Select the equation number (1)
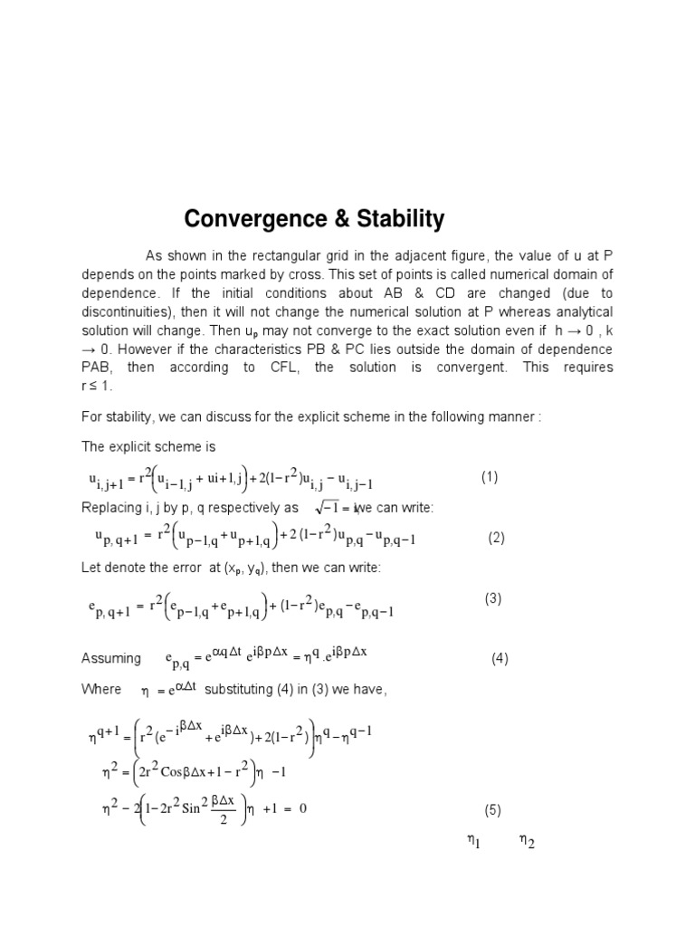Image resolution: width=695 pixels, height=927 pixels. [490, 477]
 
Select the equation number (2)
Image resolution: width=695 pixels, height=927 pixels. [496, 538]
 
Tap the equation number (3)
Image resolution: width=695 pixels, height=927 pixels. [493, 598]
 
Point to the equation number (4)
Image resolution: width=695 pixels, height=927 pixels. [500, 659]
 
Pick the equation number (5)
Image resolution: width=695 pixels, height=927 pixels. [492, 809]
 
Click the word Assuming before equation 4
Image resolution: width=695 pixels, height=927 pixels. [111, 659]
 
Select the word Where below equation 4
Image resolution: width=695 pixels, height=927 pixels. [101, 690]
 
